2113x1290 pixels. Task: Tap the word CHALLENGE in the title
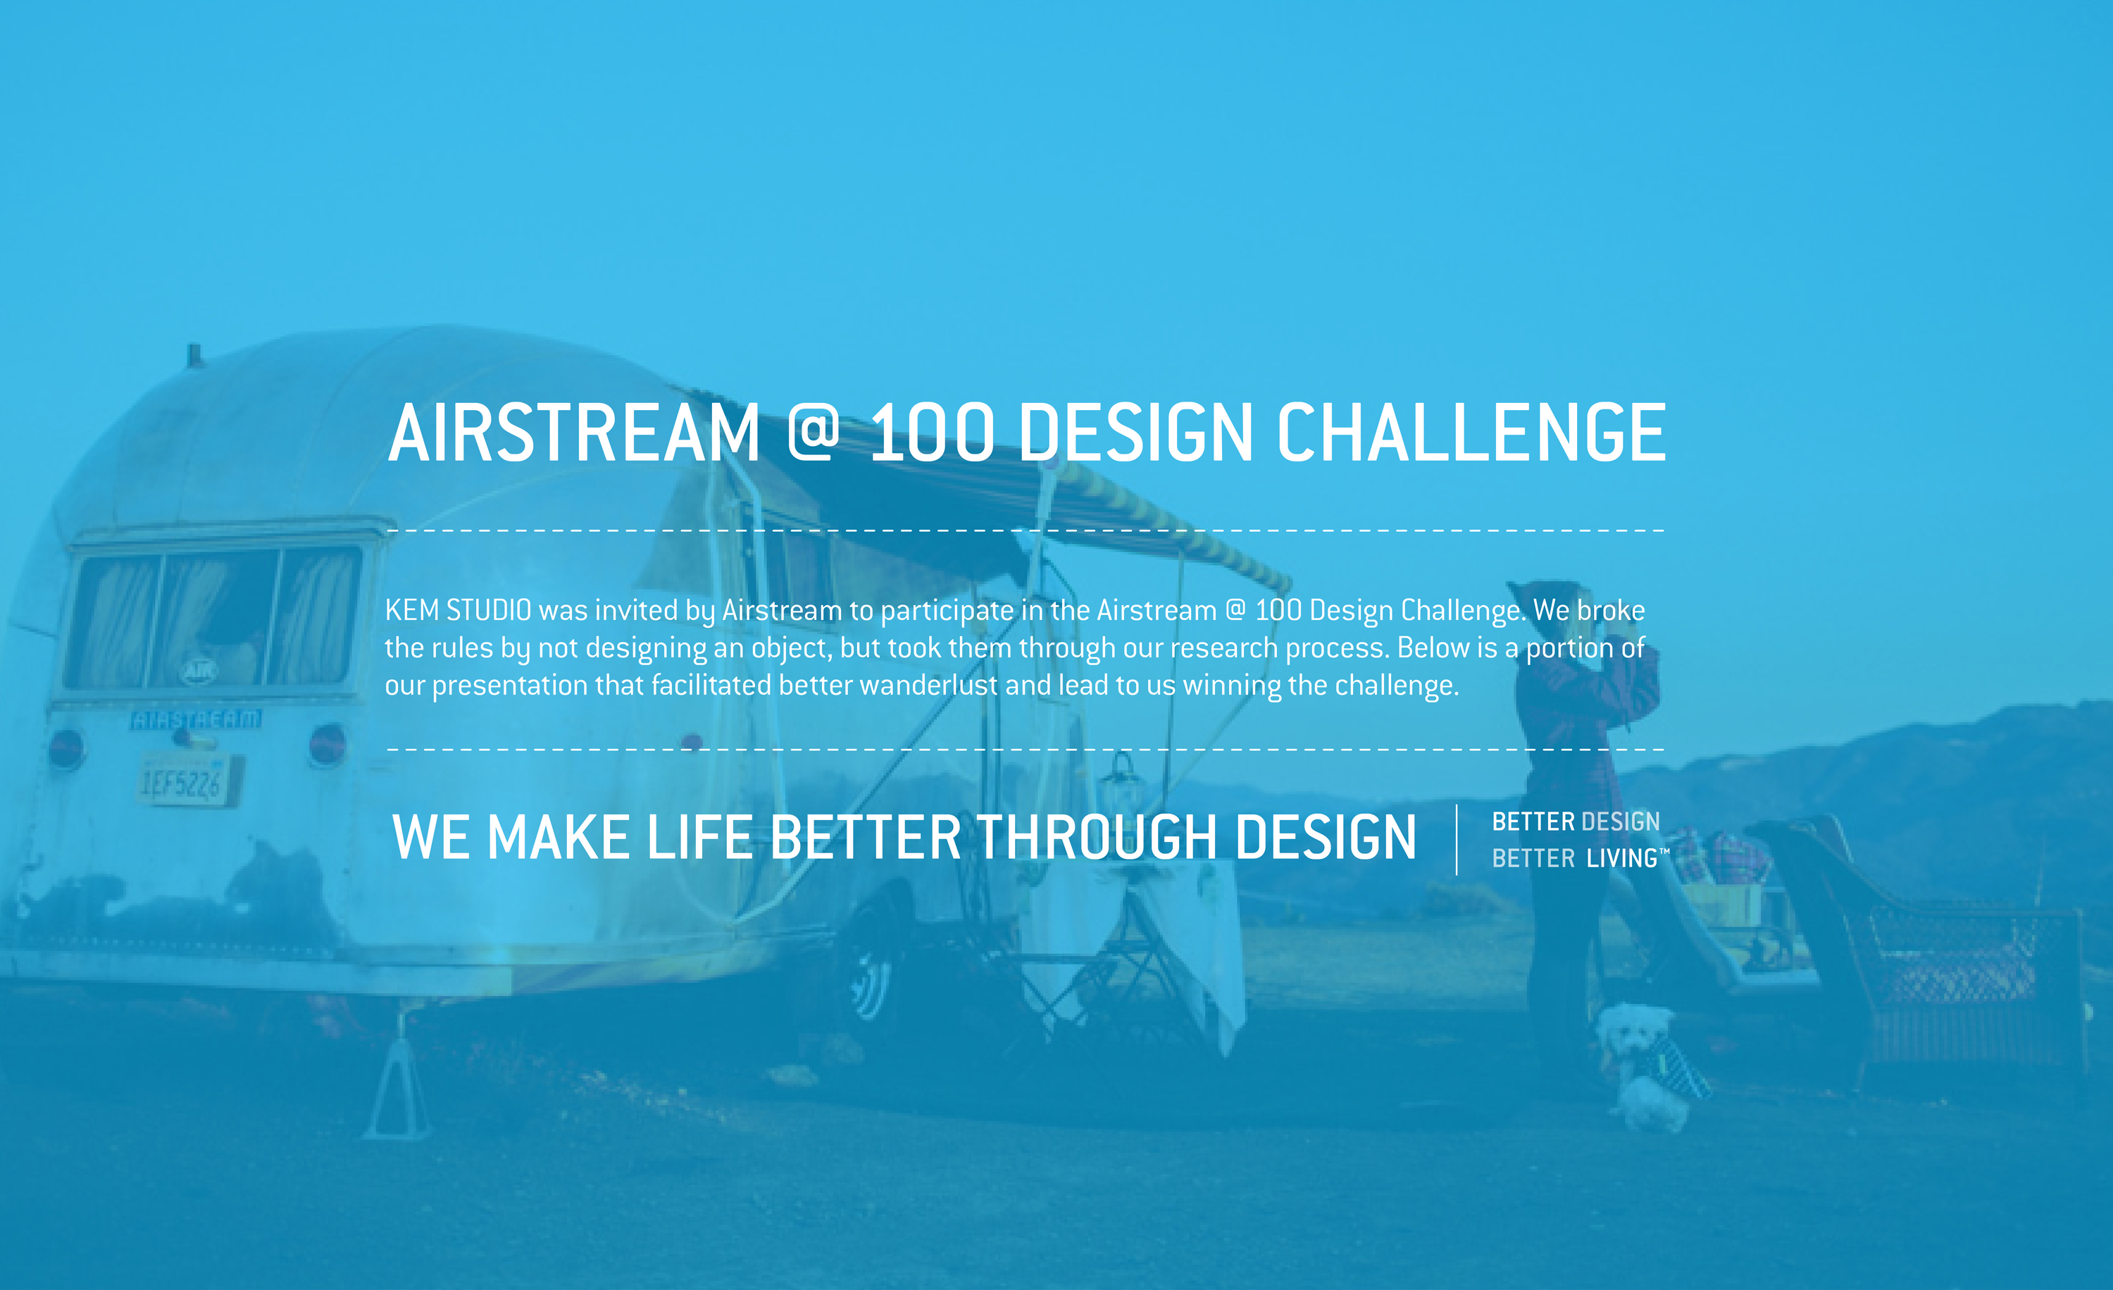click(1471, 433)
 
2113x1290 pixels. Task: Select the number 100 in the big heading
click(933, 433)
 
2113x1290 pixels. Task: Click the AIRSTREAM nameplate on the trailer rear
click(196, 719)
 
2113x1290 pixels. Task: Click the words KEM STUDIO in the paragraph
click(458, 610)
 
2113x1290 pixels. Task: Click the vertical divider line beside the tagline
click(1456, 840)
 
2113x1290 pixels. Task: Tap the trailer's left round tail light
click(67, 748)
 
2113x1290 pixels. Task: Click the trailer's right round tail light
click(327, 743)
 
